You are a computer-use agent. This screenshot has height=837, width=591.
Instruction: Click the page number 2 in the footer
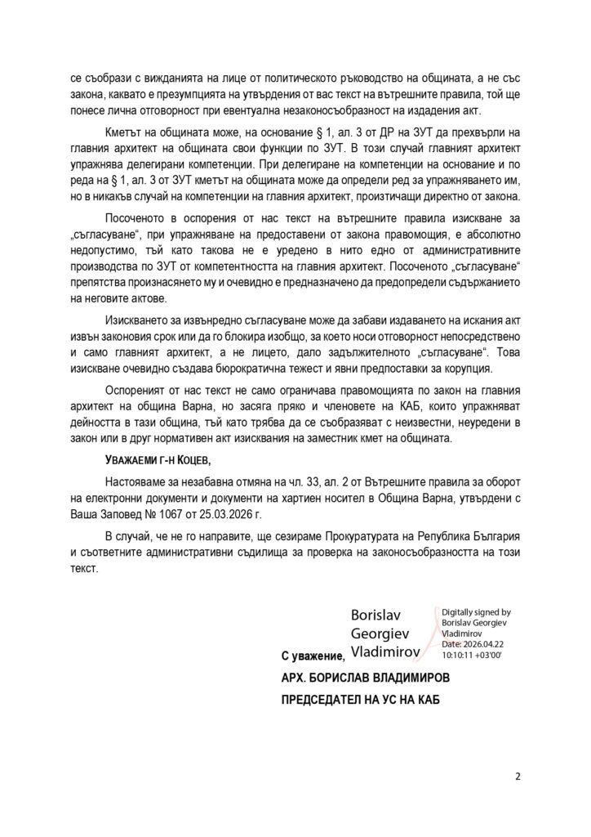coord(518,776)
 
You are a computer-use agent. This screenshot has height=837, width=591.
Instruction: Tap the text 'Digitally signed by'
coord(475,612)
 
